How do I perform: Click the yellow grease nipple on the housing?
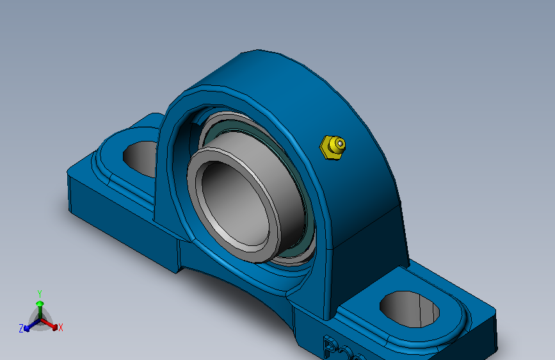click(332, 147)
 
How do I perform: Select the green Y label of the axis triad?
click(40, 293)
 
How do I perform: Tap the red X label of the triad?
click(61, 328)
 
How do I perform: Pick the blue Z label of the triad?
click(21, 328)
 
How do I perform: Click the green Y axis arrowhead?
click(40, 303)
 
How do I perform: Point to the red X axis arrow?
click(51, 324)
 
